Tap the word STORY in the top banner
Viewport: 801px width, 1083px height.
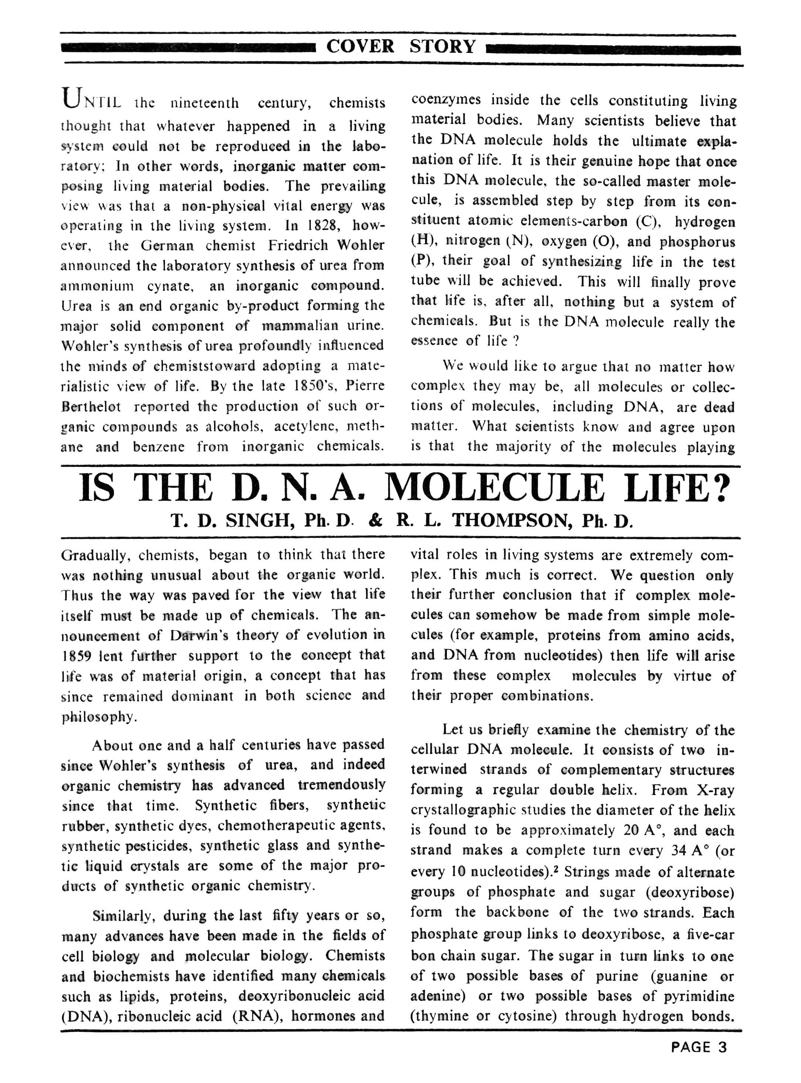click(442, 47)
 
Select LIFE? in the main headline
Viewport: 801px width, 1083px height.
click(677, 488)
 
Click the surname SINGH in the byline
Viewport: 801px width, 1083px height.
click(258, 521)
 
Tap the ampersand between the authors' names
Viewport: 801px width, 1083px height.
click(375, 521)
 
